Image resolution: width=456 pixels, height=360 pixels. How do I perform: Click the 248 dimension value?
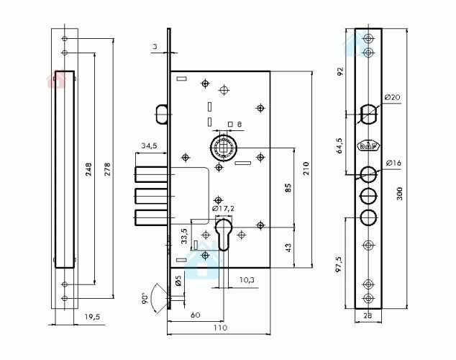pos(88,169)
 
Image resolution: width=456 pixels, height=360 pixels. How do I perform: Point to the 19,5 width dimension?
pos(92,317)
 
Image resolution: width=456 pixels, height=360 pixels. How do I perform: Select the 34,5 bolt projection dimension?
pos(149,145)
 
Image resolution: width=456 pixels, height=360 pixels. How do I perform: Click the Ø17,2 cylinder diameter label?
pos(223,208)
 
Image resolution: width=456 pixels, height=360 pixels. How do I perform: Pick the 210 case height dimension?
pos(306,168)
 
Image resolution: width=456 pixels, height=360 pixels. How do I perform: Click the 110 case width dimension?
pos(220,328)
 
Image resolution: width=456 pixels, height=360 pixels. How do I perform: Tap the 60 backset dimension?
pos(196,315)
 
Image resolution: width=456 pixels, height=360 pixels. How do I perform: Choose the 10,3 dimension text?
pos(247,280)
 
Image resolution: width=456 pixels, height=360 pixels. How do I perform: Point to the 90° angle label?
pos(145,299)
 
